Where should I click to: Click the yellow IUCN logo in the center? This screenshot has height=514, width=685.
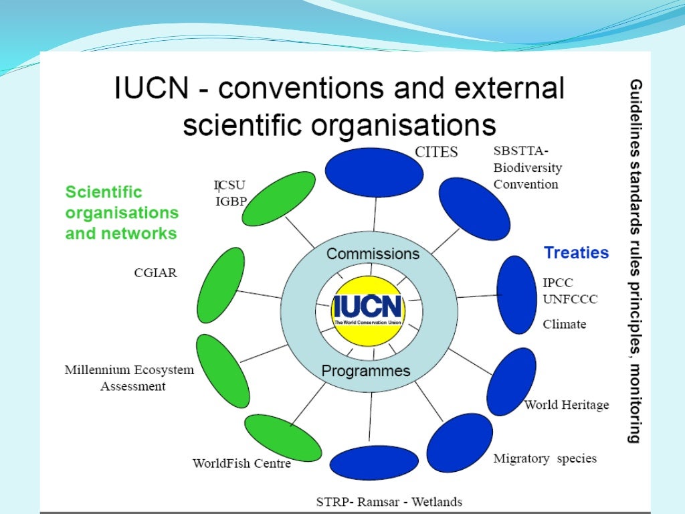coord(368,309)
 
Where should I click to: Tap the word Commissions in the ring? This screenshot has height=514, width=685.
coord(373,254)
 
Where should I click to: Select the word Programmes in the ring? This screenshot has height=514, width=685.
coord(366,371)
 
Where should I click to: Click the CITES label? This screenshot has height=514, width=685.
coord(436,152)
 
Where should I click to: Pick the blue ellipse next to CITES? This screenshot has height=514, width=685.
coord(374,173)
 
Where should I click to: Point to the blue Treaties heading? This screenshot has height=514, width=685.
coord(576,253)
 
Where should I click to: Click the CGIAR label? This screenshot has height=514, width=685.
coord(155,273)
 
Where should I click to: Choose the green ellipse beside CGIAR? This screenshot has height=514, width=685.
coord(221,285)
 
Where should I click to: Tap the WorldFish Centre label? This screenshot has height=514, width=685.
coord(241,463)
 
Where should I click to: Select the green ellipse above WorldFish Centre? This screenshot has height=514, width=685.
coord(282,438)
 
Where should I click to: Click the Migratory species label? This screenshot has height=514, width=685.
coord(545,458)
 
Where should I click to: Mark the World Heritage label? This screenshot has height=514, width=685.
coord(567,404)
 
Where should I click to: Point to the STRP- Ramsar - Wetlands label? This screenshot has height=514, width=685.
coord(389,502)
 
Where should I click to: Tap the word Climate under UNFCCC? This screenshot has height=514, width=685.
coord(564,324)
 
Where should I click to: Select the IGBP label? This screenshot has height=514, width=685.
coord(231,201)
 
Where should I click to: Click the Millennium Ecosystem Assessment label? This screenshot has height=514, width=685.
coord(129,378)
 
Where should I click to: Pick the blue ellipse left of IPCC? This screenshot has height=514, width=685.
coord(515,294)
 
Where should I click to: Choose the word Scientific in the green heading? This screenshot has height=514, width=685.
coord(104,192)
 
